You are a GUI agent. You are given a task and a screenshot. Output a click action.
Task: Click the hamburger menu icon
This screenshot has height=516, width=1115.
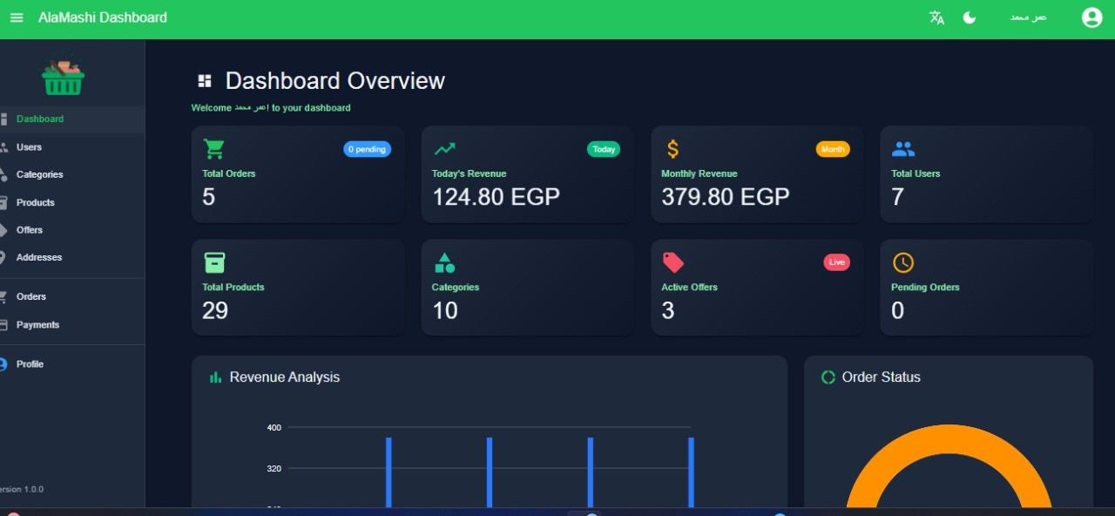point(17,17)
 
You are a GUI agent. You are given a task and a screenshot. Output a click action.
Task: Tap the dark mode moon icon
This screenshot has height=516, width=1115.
point(970,17)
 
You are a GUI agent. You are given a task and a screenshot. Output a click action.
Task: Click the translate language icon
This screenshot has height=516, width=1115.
point(936,17)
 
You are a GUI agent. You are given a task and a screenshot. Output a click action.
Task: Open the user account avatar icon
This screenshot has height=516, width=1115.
point(1091,17)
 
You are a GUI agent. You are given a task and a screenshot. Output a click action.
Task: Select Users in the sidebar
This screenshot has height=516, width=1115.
point(29,147)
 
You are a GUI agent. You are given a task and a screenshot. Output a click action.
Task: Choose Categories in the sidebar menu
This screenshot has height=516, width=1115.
point(39,174)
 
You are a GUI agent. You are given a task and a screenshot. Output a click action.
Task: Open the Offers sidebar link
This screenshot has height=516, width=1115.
point(30,230)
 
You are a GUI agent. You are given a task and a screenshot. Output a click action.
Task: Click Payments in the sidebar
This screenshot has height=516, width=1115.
point(37,325)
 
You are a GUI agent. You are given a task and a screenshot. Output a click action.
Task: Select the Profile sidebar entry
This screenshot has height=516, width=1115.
point(30,364)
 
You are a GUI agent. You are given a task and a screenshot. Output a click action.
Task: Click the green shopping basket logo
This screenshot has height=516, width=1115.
point(63,78)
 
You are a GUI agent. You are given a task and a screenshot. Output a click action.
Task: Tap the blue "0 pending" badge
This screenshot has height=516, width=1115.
point(367,149)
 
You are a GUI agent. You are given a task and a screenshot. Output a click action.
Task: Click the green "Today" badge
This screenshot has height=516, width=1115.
point(604,149)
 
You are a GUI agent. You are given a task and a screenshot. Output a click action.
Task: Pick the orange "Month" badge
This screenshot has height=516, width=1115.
point(833,149)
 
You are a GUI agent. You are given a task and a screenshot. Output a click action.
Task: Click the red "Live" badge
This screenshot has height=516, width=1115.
point(836,262)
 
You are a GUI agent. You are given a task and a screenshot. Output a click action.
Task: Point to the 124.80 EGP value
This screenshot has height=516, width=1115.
point(496,197)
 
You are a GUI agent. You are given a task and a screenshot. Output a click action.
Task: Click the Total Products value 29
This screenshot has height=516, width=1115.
point(215,310)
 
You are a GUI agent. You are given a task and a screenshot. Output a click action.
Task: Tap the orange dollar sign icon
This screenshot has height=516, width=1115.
point(672,149)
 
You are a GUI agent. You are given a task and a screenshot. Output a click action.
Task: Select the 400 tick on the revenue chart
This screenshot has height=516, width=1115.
point(274,427)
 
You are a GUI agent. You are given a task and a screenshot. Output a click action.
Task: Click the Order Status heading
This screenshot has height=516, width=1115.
point(881,377)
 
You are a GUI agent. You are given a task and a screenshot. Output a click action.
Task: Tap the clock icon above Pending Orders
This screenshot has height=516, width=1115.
point(903,262)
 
